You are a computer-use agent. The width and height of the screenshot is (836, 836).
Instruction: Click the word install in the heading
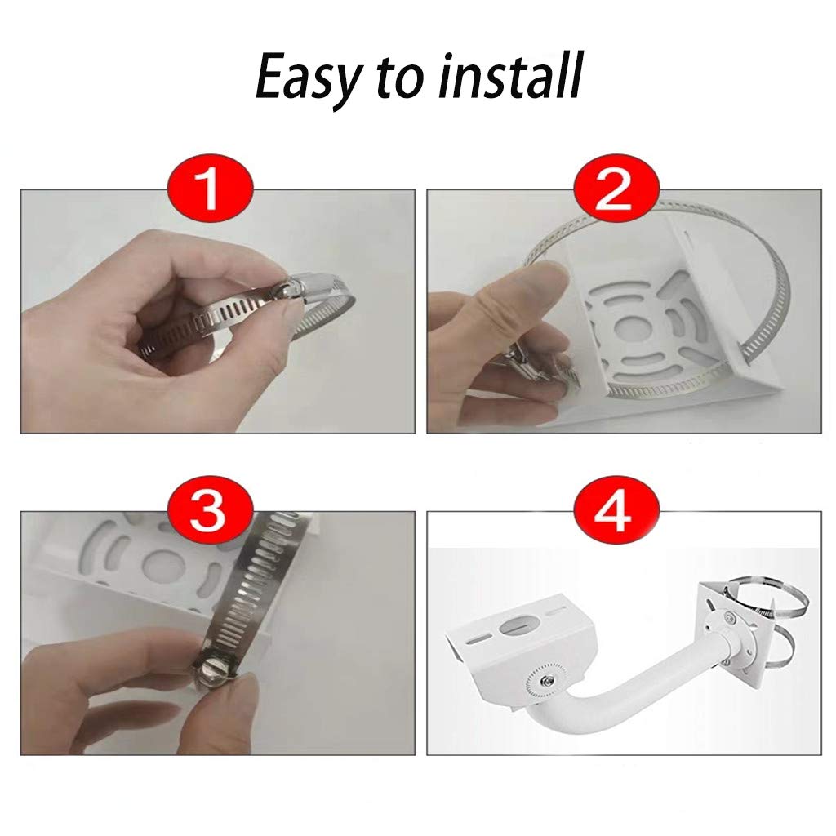511,75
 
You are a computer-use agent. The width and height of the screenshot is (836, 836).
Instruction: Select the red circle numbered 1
210,188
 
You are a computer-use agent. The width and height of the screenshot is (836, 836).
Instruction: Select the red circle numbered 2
616,188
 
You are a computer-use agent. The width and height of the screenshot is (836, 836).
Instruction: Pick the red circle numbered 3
210,509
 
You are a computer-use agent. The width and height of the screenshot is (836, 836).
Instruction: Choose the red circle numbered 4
616,509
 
